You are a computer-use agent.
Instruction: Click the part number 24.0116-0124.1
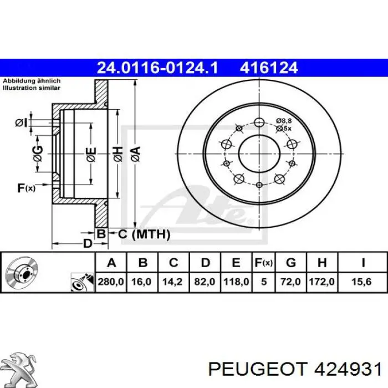tap(157, 68)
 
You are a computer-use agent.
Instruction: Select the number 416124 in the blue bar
tap(269, 68)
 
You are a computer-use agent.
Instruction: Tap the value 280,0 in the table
tap(111, 282)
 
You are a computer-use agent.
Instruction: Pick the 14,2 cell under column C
tap(172, 282)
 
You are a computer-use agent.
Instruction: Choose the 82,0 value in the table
tap(205, 282)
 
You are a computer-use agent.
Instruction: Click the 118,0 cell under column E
tap(236, 282)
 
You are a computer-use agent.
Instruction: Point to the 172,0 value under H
tap(321, 282)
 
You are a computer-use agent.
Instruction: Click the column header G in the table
tap(291, 263)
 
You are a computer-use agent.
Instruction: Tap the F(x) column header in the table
tap(263, 263)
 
